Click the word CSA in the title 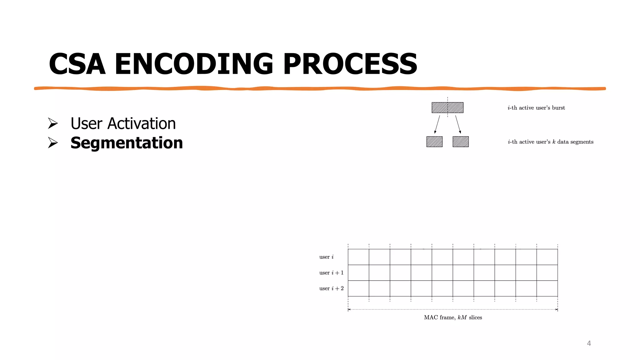point(77,64)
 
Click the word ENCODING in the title point(194,64)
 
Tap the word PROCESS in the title point(350,64)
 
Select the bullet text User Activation point(123,123)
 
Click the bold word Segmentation point(127,143)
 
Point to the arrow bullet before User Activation point(53,123)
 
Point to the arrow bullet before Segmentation point(53,143)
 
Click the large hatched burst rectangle point(447,107)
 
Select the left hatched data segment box point(434,142)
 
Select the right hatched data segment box point(461,142)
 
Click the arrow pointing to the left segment point(437,124)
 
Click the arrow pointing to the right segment point(458,124)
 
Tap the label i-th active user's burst point(536,108)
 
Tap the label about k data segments point(550,142)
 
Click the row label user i point(326,257)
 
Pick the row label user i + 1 point(331,273)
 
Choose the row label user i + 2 point(331,288)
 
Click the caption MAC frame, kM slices point(453,317)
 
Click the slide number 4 point(589,343)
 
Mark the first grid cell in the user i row point(358,257)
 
